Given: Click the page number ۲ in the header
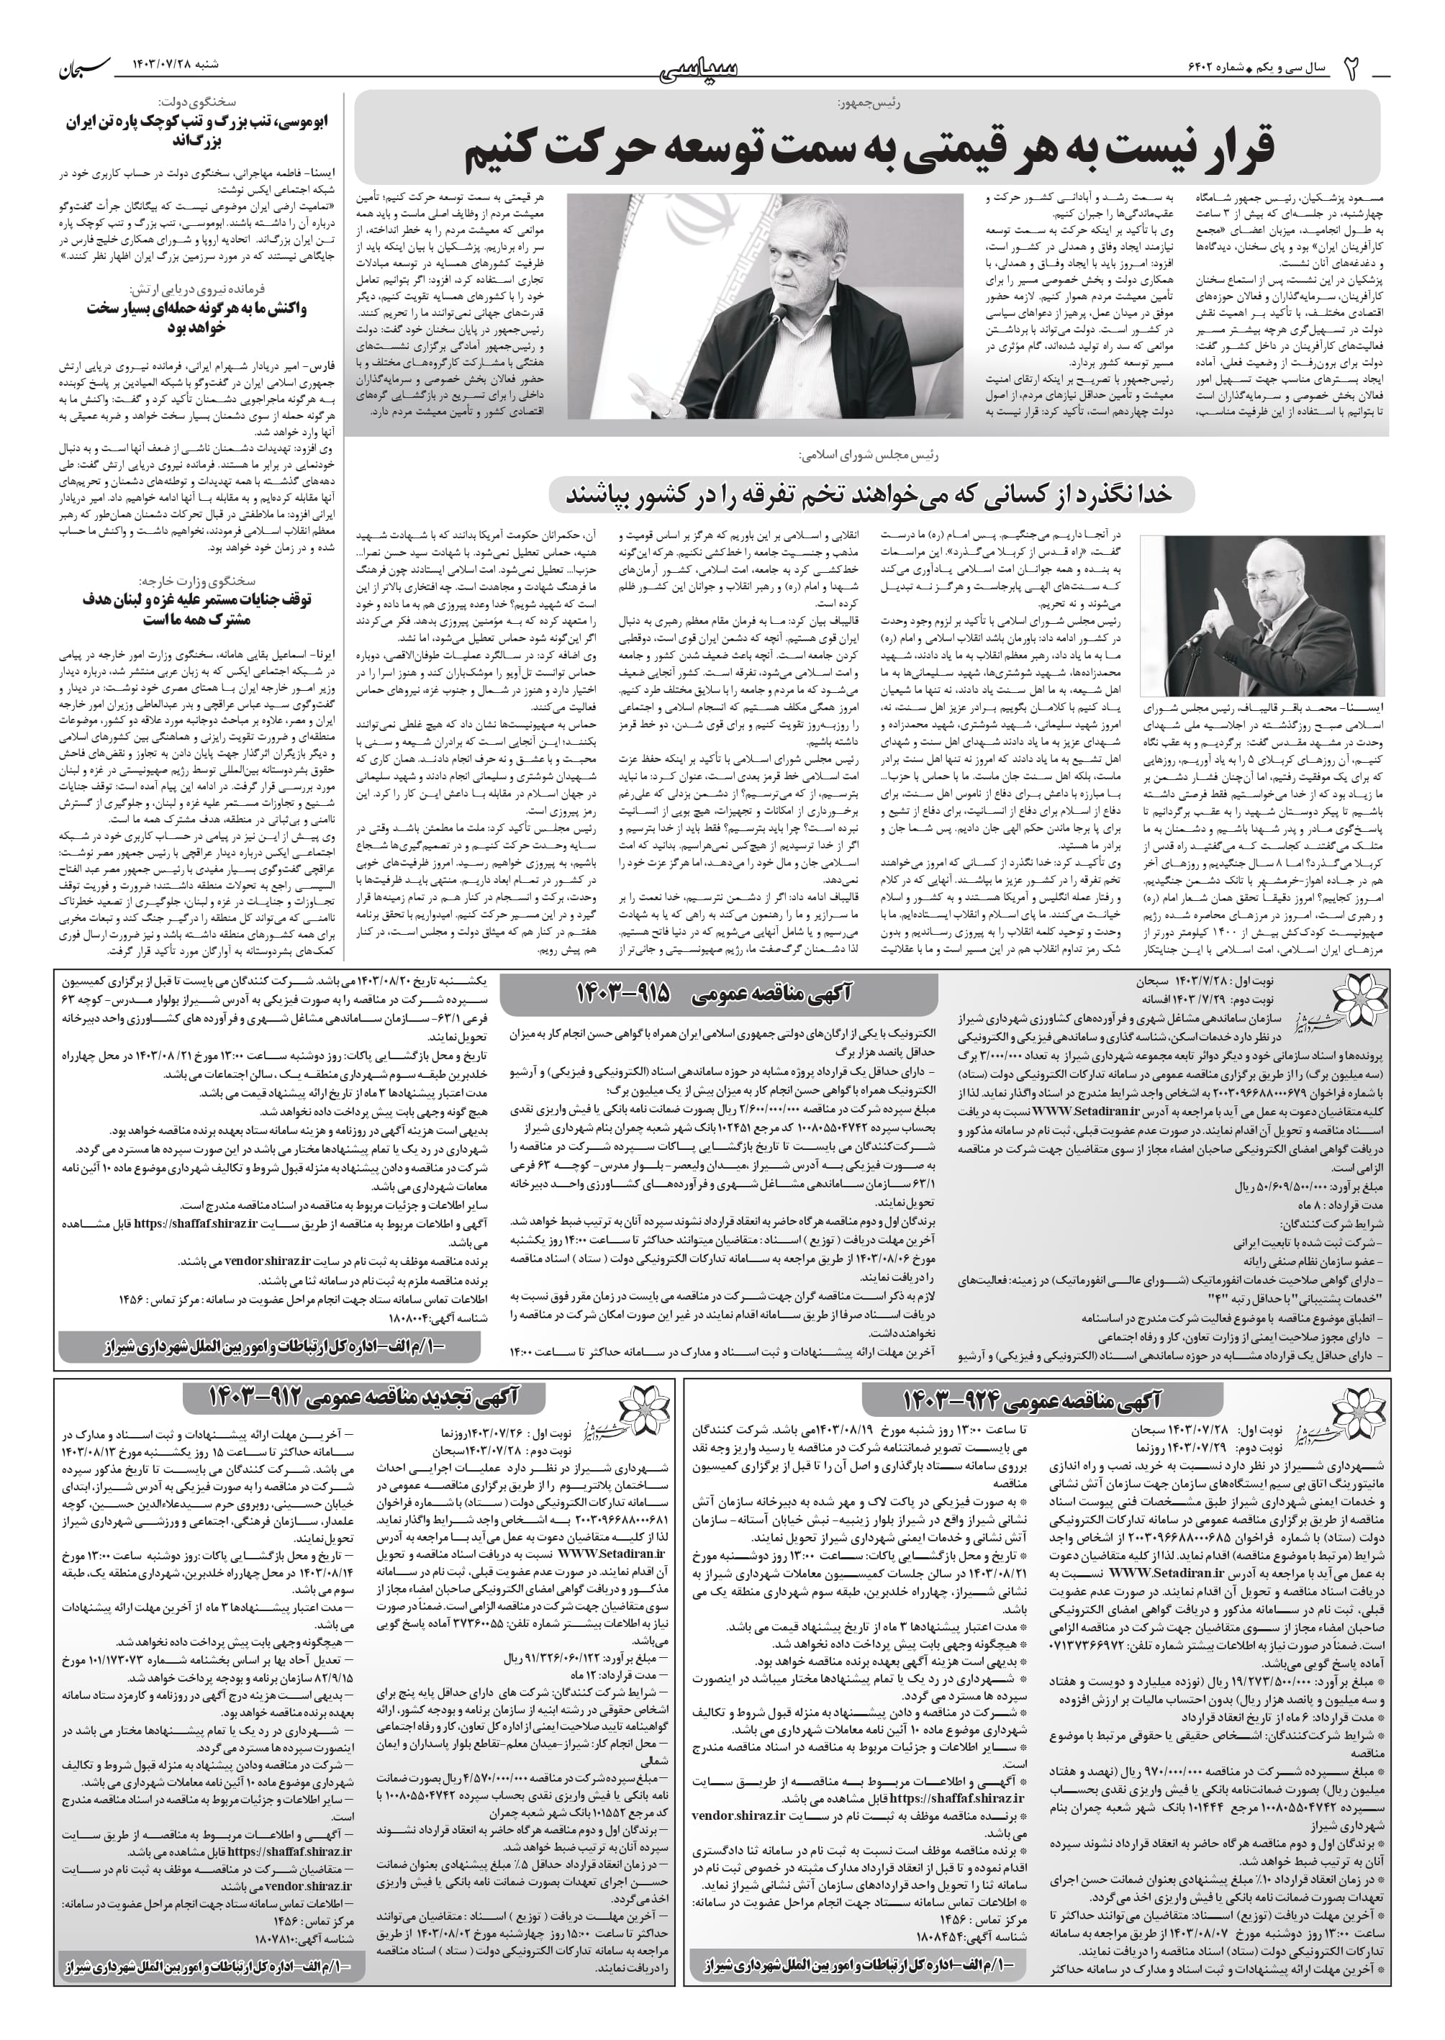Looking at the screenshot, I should click(1351, 68).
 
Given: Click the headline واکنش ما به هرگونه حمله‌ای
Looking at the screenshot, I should click(197, 317).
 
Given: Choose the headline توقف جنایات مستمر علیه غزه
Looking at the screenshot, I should click(197, 609).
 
